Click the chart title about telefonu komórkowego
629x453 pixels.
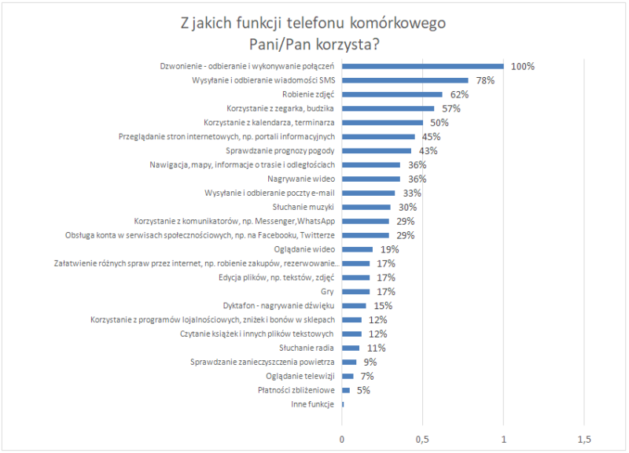pos(313,33)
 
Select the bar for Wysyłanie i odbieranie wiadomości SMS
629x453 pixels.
pos(405,80)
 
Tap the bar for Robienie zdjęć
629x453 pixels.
pos(392,94)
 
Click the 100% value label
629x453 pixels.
pos(522,66)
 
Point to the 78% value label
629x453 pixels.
pos(484,80)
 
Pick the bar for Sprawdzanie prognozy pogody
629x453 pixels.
pos(377,150)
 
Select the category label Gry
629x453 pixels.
pos(328,292)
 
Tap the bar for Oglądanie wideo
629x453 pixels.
pos(357,249)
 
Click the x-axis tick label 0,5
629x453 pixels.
pos(422,438)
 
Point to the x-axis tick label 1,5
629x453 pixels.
pos(584,438)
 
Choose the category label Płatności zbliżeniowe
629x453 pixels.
pos(296,390)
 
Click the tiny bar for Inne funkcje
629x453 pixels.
pos(343,404)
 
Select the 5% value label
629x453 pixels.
pos(363,390)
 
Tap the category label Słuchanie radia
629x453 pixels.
pos(307,348)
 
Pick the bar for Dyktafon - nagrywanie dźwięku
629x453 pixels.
pos(354,305)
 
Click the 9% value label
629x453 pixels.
pos(370,362)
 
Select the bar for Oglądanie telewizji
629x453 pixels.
pos(348,376)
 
